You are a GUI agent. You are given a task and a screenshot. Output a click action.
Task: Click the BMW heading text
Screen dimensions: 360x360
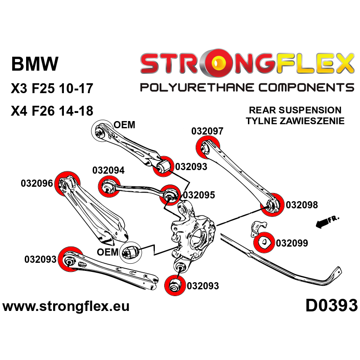click(x=35, y=64)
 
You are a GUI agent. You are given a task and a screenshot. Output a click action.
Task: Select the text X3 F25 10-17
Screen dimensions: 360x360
click(x=52, y=88)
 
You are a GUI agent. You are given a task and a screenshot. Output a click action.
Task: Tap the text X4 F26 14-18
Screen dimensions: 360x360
click(x=52, y=111)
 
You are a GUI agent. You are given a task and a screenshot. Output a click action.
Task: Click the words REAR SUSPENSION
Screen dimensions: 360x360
click(x=295, y=110)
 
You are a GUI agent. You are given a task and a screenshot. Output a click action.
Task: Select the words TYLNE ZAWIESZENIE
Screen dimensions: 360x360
click(x=295, y=121)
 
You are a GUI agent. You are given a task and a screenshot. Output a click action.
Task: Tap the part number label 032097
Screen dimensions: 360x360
click(x=207, y=131)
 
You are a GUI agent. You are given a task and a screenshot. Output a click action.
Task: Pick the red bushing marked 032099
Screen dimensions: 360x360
click(x=264, y=242)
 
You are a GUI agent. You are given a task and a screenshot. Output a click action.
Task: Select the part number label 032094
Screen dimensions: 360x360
click(x=108, y=171)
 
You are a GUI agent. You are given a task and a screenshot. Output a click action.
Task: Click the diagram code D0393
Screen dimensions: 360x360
click(x=331, y=306)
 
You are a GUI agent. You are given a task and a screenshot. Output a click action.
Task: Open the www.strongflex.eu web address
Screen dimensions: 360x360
click(x=66, y=307)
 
